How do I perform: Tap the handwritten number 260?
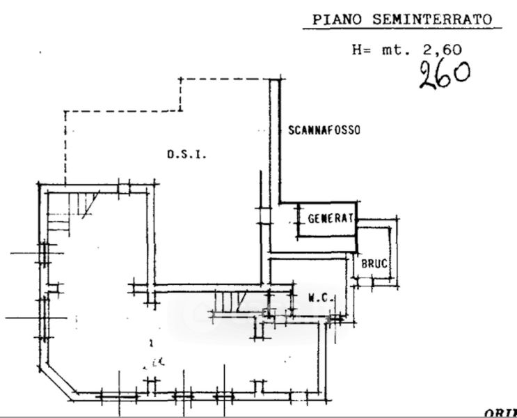443,72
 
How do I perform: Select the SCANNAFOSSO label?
324,130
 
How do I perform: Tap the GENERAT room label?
331,217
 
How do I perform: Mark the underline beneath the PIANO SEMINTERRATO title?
402,30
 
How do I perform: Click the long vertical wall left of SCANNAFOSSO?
276,139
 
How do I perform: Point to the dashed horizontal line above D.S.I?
122,111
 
